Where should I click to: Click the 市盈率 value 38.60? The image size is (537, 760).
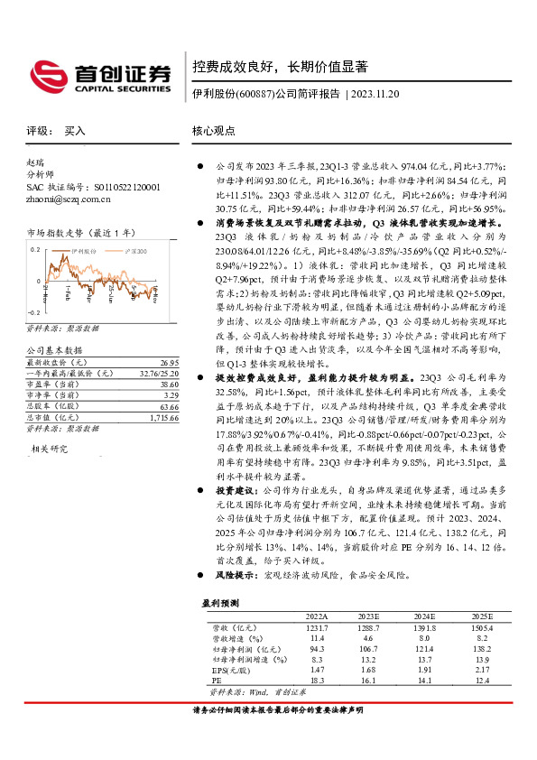point(166,385)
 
